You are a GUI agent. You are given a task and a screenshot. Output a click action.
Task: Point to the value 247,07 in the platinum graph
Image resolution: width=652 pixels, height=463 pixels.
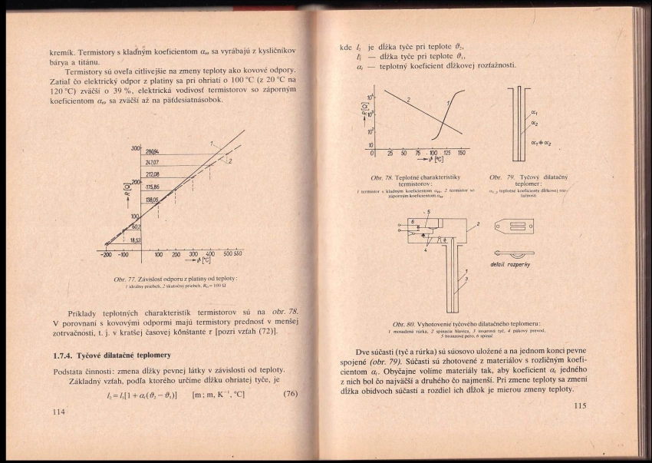coord(152,163)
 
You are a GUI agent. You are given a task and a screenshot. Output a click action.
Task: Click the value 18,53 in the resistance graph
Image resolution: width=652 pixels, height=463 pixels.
coord(135,240)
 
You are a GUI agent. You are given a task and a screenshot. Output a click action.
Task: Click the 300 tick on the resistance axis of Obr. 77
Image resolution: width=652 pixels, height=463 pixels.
coord(135,147)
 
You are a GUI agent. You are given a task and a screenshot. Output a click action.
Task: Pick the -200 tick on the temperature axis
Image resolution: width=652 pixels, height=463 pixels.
coord(107,253)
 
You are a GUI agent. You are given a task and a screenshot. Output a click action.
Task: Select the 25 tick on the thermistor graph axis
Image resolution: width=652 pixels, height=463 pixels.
coord(390,154)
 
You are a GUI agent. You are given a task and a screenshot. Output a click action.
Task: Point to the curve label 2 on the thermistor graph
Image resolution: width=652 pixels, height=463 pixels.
coord(409,100)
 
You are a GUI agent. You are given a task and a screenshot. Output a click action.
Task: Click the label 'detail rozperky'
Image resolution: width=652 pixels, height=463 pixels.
coord(511,263)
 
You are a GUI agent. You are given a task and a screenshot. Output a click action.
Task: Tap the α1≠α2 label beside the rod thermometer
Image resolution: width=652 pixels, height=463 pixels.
coord(539,143)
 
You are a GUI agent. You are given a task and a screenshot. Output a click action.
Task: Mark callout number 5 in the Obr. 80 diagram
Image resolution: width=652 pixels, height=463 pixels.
coord(428,211)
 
